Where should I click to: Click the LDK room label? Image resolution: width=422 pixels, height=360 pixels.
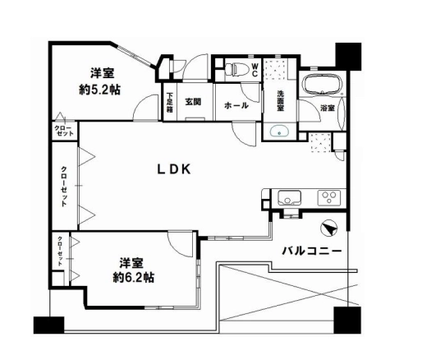click(x=174, y=169)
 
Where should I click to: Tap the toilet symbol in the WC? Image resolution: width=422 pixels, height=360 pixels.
click(x=236, y=69)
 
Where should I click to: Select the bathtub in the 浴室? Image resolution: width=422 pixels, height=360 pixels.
click(x=323, y=84)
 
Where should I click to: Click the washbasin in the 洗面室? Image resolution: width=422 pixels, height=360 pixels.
click(x=279, y=132)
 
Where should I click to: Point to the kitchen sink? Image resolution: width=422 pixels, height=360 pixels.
click(x=289, y=198)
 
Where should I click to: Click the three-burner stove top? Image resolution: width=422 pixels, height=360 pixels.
click(x=329, y=197)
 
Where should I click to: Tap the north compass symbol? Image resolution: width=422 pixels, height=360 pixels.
click(x=329, y=228)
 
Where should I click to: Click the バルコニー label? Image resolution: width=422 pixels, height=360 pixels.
click(x=312, y=251)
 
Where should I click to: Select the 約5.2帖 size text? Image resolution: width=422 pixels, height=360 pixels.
click(x=99, y=90)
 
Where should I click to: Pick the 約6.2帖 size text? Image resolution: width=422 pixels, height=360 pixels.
click(x=134, y=277)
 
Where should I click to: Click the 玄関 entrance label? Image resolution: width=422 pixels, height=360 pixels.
click(x=193, y=102)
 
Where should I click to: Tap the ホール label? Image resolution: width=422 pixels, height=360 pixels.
click(x=236, y=105)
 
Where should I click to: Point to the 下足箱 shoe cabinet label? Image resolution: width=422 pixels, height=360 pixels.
click(x=170, y=103)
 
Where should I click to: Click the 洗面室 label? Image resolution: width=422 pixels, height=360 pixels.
click(x=280, y=101)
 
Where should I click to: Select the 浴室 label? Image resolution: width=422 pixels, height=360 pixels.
click(x=328, y=108)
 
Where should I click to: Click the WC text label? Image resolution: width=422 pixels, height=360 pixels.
click(x=255, y=70)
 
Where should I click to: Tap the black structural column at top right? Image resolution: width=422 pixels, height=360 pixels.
click(x=348, y=57)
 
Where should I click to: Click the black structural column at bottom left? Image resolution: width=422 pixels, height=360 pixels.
click(x=49, y=325)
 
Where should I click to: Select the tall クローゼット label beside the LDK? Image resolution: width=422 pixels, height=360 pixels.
click(x=63, y=186)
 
